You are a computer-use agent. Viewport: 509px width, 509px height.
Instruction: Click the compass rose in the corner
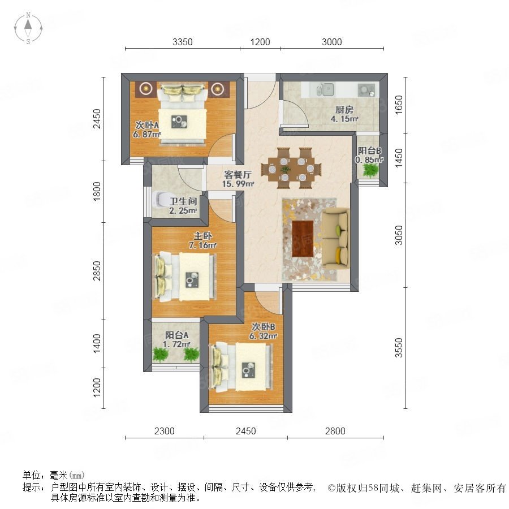28,28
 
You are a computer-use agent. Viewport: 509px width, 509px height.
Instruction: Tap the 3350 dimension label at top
183,42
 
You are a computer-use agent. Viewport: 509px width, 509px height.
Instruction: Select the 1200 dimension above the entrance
260,42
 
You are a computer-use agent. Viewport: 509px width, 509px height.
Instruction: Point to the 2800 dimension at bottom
335,431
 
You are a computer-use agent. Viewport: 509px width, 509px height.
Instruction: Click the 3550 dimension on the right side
399,348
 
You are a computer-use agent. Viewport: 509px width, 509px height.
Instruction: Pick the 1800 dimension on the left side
97,191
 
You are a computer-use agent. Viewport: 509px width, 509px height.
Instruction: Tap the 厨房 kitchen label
344,110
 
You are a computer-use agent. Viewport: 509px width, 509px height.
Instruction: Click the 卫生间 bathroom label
183,201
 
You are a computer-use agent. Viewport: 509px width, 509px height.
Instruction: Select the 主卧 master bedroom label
203,236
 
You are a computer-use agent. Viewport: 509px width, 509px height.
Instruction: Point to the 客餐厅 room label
238,175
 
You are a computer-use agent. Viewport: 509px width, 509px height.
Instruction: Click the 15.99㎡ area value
238,184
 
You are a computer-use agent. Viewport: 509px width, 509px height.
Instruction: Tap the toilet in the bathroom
161,200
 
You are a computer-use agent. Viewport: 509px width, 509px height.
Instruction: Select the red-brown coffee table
303,239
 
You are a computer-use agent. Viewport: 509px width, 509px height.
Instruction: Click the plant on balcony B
370,170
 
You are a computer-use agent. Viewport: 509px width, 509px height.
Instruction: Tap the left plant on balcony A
159,354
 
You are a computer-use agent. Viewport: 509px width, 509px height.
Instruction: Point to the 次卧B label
263,326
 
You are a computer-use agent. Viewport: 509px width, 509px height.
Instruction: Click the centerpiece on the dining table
286,169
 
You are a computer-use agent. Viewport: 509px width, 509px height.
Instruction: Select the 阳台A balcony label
176,335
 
